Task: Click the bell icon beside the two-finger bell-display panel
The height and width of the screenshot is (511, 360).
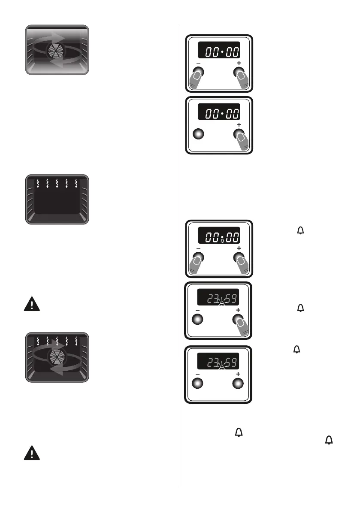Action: click(x=300, y=231)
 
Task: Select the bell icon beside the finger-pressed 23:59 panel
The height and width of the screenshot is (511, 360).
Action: click(x=300, y=308)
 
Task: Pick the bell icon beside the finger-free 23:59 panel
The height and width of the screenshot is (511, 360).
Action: click(x=296, y=350)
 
